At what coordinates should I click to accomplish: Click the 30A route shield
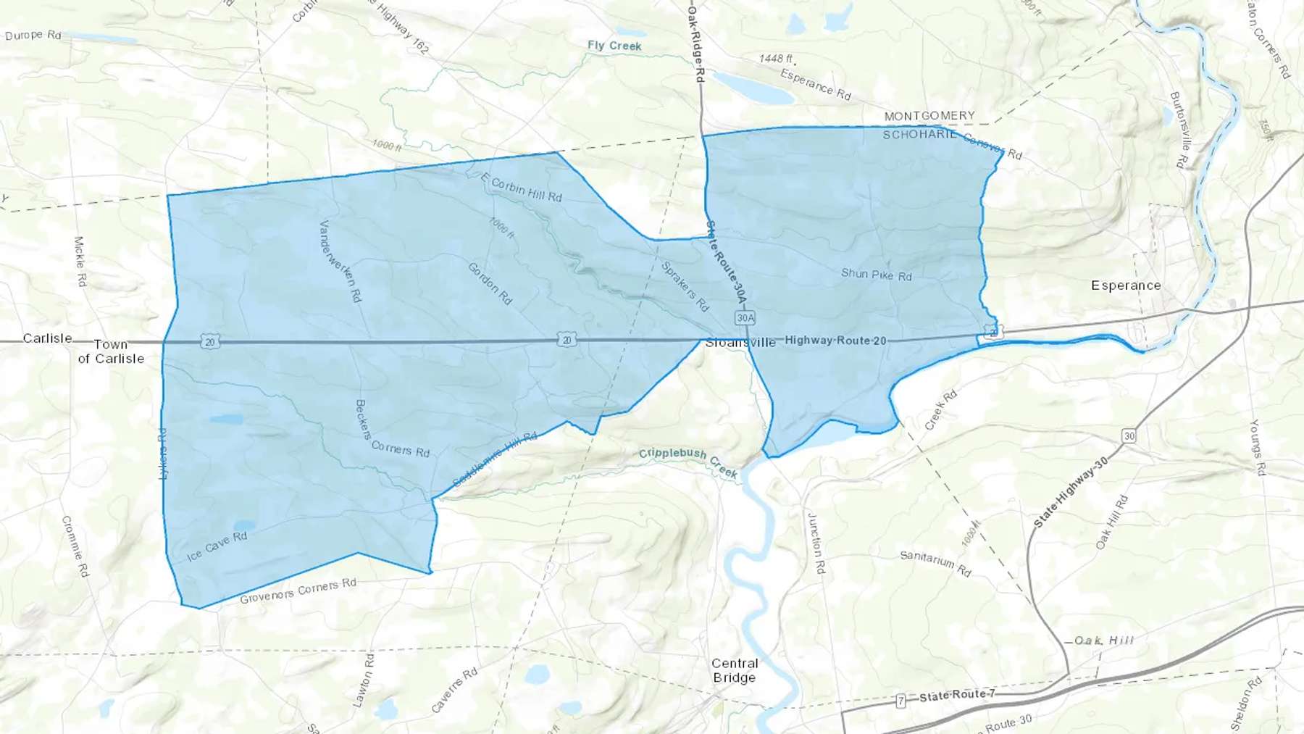(x=745, y=317)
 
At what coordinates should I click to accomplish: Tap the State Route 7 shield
(x=900, y=701)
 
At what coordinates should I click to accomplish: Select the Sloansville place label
(x=740, y=343)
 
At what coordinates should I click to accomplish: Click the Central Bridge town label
(x=735, y=670)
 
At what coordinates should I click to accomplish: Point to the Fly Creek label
(x=614, y=46)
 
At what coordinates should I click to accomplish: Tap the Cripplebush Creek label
(x=687, y=462)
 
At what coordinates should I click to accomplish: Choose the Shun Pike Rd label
(x=876, y=275)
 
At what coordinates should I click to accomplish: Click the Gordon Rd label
(x=490, y=283)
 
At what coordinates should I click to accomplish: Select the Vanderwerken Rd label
(x=340, y=261)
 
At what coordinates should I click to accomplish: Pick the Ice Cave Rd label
(x=217, y=546)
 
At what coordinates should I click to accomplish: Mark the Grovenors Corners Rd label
(x=298, y=591)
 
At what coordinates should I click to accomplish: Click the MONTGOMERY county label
(x=929, y=116)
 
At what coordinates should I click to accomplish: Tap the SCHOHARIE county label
(x=919, y=135)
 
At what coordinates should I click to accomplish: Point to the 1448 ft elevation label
(x=776, y=59)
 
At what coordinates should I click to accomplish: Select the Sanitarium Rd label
(x=935, y=563)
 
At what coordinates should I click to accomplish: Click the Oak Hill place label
(x=1103, y=641)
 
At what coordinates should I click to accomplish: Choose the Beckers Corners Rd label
(x=391, y=435)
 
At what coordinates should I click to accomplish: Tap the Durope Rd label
(x=33, y=35)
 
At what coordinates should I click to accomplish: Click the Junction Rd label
(x=816, y=543)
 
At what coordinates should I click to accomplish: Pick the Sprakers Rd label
(x=685, y=286)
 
